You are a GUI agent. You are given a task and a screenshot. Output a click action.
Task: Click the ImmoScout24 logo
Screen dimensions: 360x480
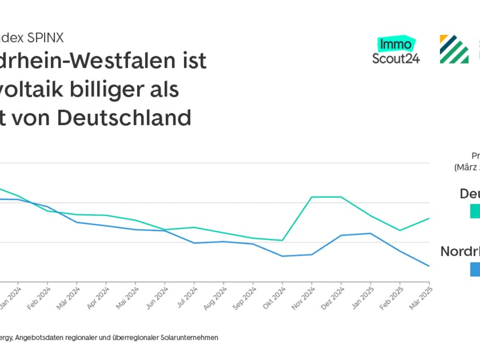tap(396, 50)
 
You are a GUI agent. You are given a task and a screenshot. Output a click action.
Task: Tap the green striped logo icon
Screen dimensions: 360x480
tap(454, 49)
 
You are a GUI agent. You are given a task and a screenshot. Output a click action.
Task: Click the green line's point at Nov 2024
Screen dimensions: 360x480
tap(312, 197)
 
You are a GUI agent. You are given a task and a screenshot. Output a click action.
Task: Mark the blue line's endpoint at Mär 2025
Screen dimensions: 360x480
tap(429, 266)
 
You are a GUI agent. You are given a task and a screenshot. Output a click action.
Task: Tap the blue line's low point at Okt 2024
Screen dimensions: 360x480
tap(282, 256)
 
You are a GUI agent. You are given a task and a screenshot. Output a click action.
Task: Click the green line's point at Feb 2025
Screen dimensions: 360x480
tap(400, 230)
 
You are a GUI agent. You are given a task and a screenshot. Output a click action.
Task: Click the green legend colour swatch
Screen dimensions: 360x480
tap(475, 211)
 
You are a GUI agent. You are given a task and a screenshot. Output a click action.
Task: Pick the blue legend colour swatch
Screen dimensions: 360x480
tap(475, 269)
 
